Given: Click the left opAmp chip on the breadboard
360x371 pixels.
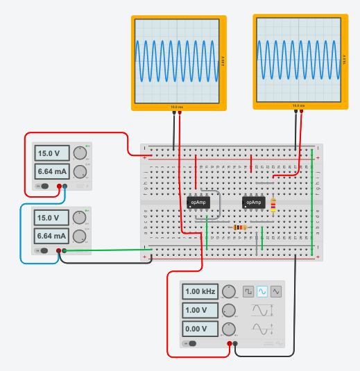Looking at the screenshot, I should click(x=198, y=202).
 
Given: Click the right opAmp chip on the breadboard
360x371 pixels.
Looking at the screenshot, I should click(x=254, y=202).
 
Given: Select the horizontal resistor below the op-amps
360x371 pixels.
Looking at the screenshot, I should click(x=239, y=227).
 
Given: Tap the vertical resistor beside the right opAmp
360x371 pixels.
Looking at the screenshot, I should click(x=273, y=205).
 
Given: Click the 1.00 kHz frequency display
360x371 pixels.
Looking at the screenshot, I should click(x=200, y=291).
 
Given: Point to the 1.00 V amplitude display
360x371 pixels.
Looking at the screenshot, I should click(x=200, y=310).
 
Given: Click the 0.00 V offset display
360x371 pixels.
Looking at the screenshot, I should click(x=200, y=329).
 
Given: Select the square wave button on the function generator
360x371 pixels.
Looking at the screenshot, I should click(x=248, y=292).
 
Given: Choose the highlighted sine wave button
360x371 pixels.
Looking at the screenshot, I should click(x=262, y=292).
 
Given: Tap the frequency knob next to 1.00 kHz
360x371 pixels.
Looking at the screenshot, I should click(x=228, y=292).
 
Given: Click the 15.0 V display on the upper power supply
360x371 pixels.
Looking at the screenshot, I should click(x=53, y=153).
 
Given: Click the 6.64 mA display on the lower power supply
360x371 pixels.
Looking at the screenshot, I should click(x=53, y=236).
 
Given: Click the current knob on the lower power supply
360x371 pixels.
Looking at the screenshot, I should click(x=80, y=236).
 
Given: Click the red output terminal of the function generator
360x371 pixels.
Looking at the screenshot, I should click(x=229, y=343).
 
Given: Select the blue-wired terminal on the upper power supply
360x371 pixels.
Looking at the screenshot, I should click(x=65, y=186).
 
